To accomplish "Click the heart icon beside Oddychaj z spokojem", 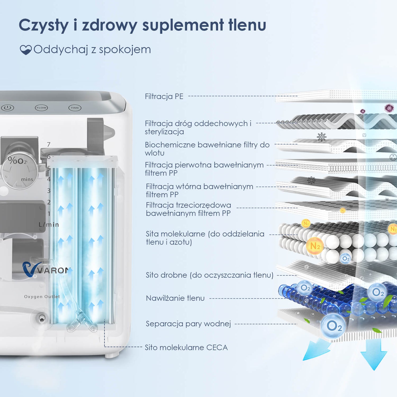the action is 26,50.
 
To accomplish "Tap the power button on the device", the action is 7,108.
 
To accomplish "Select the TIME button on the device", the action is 75,108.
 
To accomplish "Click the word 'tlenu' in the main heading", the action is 247,25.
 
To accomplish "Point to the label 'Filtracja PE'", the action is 164,96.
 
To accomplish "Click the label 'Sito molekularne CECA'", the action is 186,348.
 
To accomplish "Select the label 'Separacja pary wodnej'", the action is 188,324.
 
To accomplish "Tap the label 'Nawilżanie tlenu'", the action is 175,298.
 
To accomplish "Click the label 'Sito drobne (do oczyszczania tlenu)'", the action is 210,275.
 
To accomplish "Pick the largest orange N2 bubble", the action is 315,246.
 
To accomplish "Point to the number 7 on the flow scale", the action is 49,145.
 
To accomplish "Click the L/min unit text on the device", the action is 49,225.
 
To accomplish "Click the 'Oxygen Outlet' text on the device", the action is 42,297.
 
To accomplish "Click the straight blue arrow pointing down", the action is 374,355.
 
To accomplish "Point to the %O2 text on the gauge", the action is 17,160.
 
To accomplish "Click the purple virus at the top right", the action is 389,108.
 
